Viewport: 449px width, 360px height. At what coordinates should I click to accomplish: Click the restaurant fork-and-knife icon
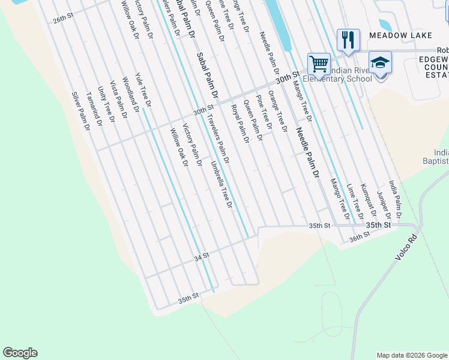coord(348,40)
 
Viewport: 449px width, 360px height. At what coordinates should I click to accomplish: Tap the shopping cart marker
coord(319,63)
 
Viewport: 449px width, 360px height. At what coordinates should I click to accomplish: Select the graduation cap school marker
coord(380,62)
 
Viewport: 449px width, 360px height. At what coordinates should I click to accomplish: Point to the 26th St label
coord(62,19)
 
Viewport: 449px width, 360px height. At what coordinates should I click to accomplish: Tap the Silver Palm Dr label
coord(80,111)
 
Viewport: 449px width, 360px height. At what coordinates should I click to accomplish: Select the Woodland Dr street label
coord(131,94)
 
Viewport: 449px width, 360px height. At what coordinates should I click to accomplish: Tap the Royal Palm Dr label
coord(240,124)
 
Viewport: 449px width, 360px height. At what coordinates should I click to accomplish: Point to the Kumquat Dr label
coord(368,200)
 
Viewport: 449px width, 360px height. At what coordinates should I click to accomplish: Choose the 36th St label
coord(359,238)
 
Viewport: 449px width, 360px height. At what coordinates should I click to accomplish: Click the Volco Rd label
coord(406,247)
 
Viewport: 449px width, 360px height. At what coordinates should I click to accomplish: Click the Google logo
coord(20,353)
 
